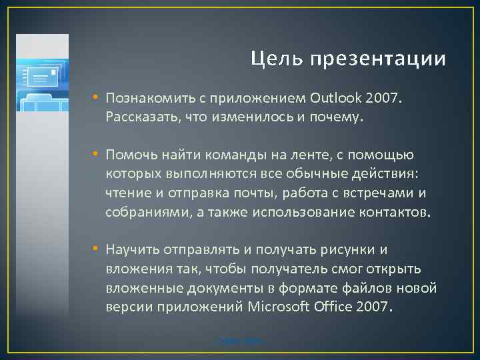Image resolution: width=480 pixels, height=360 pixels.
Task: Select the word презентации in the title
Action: pos(378,60)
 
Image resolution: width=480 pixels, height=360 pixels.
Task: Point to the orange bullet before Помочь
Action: pos(96,155)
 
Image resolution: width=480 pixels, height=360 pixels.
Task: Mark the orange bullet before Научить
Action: pos(96,249)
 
